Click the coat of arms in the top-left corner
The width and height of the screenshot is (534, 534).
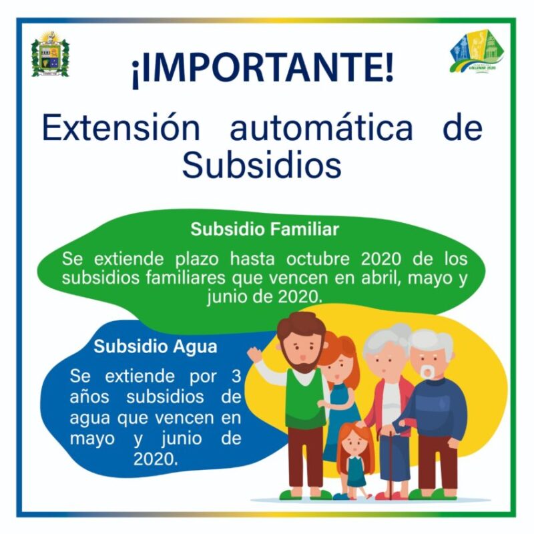(50, 55)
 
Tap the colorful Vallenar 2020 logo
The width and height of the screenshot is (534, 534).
(476, 51)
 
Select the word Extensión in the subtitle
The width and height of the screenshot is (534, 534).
(121, 128)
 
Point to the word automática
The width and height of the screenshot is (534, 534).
(322, 129)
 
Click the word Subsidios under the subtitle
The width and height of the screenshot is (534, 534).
(262, 165)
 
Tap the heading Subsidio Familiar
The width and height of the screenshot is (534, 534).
(264, 229)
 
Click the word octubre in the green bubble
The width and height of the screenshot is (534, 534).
(318, 259)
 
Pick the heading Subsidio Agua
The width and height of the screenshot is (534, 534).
(156, 346)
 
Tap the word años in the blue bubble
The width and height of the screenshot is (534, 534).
(89, 397)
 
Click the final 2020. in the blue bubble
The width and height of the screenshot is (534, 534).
(156, 459)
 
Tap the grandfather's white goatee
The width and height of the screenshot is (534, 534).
(427, 372)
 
